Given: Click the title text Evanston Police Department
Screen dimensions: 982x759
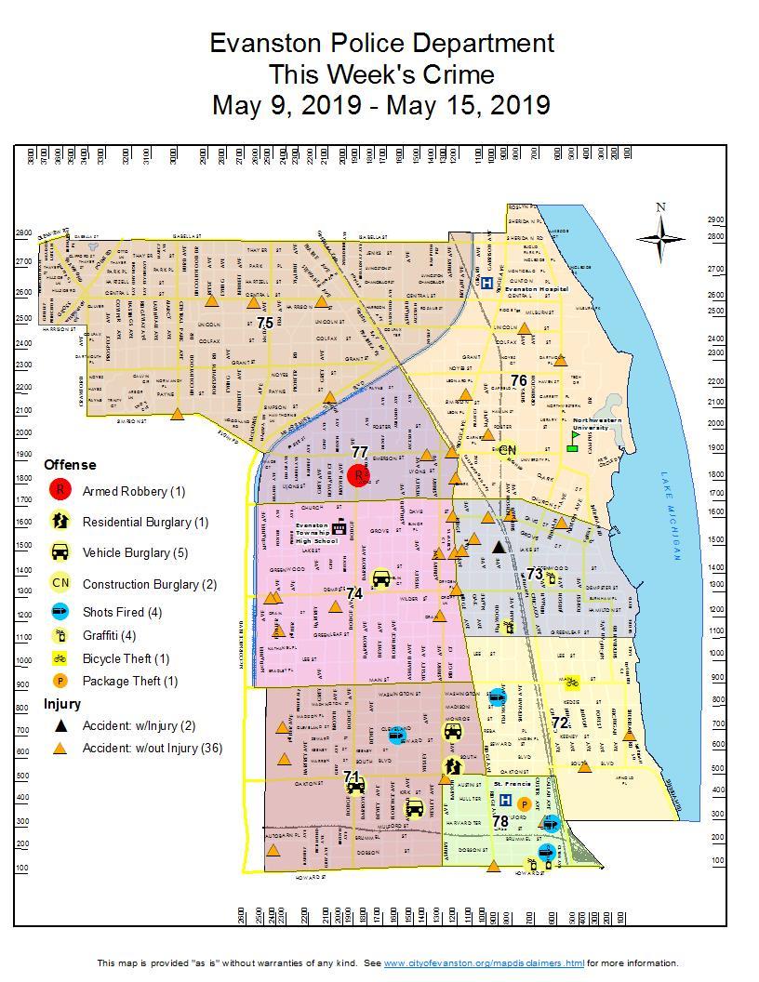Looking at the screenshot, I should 381,43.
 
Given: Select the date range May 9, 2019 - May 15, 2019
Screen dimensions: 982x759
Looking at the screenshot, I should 381,104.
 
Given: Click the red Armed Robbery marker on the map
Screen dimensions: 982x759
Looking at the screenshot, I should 359,474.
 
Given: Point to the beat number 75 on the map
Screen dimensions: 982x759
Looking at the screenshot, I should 265,323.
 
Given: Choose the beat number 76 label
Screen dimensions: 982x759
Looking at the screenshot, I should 518,380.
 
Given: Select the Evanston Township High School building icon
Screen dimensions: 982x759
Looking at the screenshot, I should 340,527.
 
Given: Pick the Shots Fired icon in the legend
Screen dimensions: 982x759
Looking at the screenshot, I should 60,613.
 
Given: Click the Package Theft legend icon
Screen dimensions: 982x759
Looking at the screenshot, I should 60,681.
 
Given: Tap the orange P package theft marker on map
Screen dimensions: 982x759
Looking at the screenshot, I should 525,803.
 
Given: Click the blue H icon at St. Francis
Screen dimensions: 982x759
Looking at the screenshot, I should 505,800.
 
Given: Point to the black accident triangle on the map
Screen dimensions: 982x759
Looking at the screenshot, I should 499,548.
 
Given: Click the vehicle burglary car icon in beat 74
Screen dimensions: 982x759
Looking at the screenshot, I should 380,577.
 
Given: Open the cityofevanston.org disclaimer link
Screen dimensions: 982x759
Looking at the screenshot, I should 484,962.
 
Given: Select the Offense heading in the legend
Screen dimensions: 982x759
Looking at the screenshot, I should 70,464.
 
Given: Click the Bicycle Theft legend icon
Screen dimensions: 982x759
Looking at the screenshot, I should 60,658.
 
